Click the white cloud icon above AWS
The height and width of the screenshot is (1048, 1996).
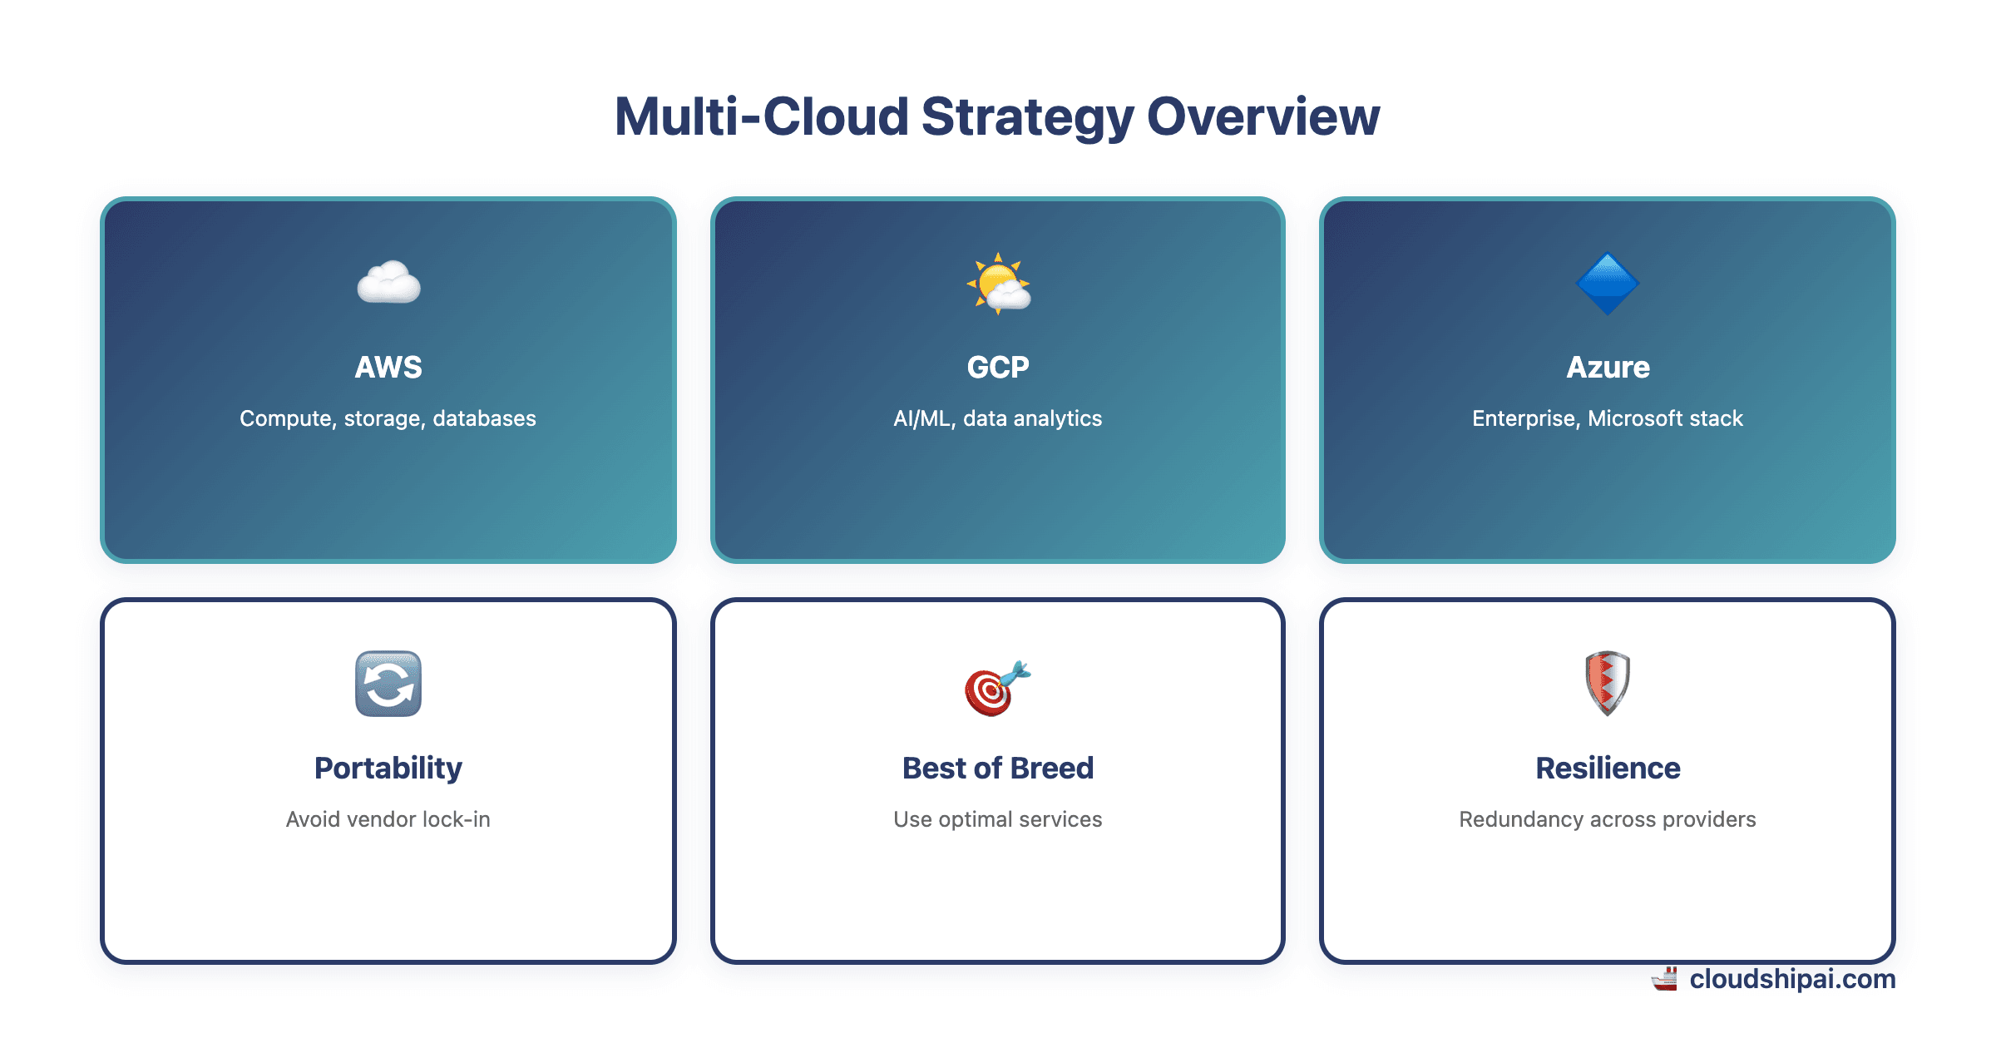coord(388,283)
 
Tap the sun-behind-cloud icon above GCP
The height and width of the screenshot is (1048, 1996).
coord(998,284)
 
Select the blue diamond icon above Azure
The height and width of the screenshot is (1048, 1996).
coord(1607,284)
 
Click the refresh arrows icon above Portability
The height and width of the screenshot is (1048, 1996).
coord(388,684)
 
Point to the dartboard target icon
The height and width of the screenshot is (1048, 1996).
coord(996,689)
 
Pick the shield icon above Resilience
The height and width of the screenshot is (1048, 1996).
coord(1607,684)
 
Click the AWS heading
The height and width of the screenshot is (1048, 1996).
coord(388,367)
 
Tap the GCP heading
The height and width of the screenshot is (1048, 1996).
coord(998,367)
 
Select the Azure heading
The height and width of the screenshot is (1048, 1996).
coord(1608,367)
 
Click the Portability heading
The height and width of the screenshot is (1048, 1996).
coord(388,768)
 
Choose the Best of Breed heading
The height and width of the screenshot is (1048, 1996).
coord(998,768)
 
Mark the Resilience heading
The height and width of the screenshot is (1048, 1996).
coord(1608,768)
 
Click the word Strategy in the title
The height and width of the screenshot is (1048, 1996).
coord(1027,117)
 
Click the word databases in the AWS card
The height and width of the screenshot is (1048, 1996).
coord(484,418)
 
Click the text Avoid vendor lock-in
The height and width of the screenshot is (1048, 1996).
coord(388,819)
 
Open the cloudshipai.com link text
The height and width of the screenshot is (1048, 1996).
coord(1792,979)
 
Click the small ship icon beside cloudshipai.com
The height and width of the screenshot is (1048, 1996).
coord(1665,979)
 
